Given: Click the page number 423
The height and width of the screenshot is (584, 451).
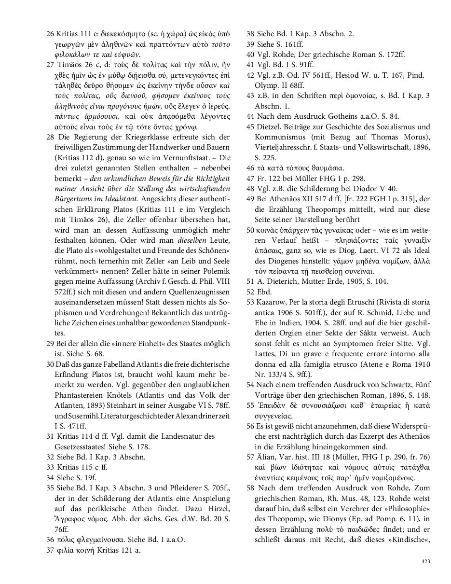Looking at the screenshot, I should click(425, 561).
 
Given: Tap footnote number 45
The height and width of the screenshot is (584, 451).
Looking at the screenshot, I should click(250, 127).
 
